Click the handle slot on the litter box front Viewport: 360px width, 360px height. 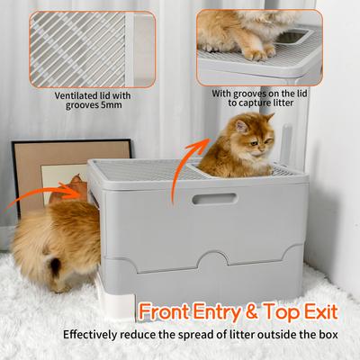[214, 198]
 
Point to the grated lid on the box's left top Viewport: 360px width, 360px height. [144, 168]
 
